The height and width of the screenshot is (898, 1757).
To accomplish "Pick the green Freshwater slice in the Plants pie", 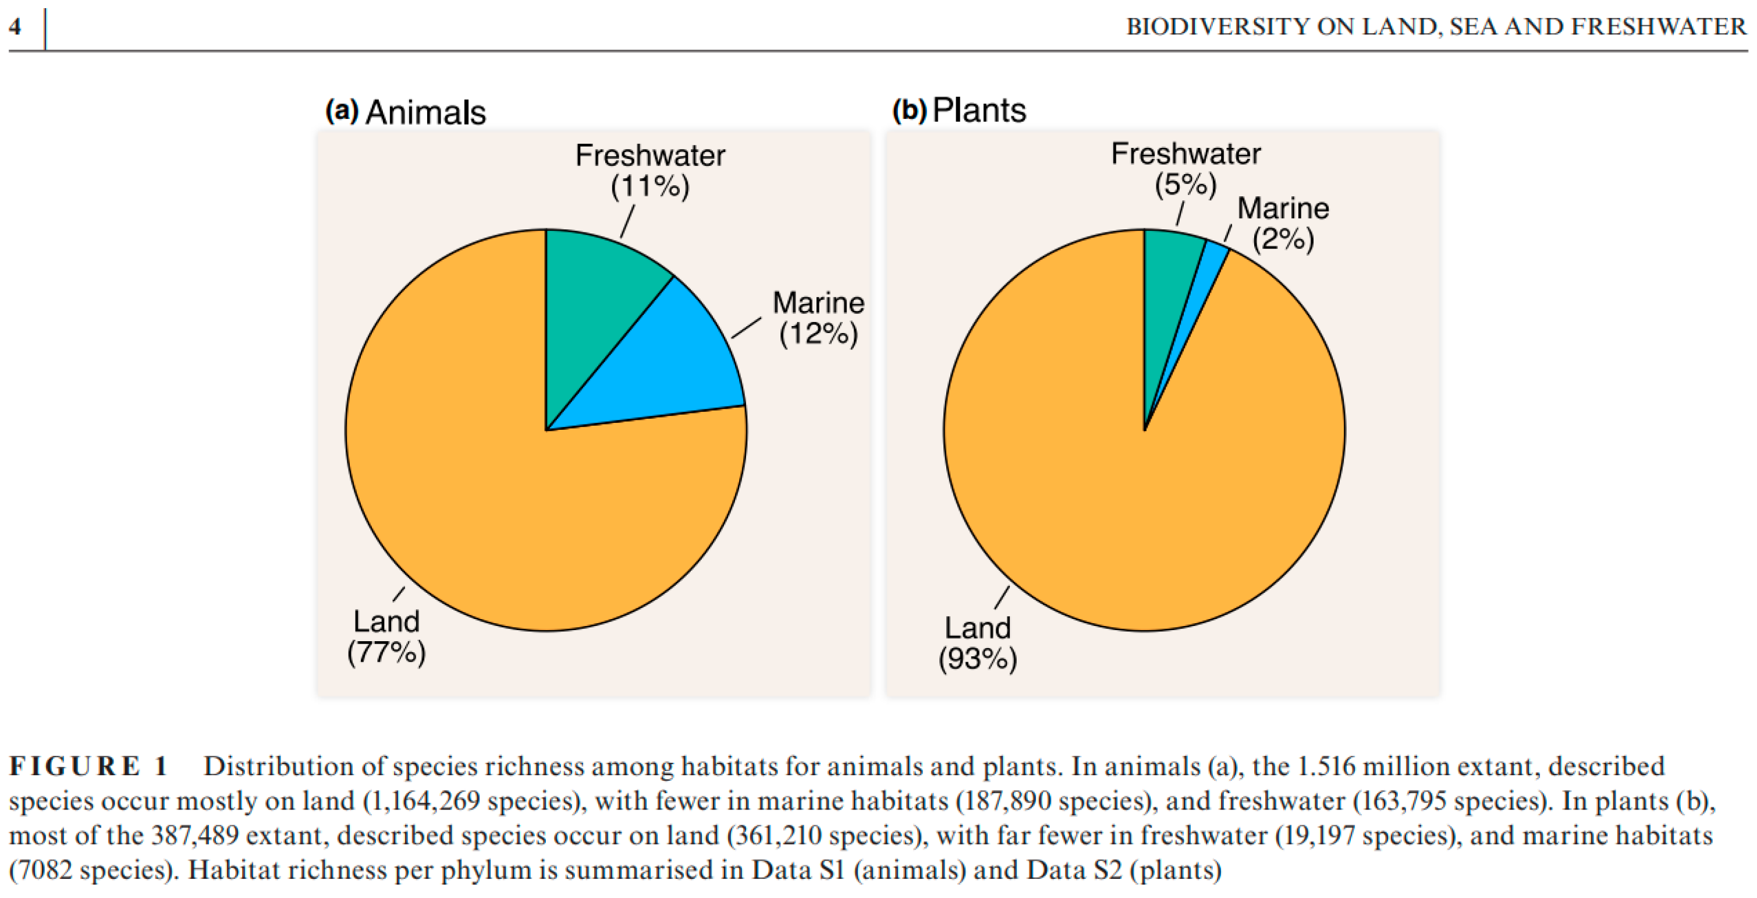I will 1167,287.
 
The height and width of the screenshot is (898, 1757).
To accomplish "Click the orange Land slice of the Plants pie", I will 1146,512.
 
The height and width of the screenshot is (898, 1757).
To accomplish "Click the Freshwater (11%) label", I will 649,171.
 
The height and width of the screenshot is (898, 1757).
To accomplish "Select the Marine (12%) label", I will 818,318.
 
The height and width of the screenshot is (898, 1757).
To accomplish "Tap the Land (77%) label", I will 386,637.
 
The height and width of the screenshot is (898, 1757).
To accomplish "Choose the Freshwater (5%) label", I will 1185,168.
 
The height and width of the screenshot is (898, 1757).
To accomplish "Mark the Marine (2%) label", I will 1282,223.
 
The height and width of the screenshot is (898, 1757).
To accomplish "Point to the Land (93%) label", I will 977,643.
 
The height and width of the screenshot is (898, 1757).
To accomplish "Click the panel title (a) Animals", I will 406,112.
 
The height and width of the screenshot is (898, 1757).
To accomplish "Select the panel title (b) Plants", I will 959,110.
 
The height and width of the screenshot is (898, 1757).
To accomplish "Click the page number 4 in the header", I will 15,27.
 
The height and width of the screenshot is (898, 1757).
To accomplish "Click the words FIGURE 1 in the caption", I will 88,766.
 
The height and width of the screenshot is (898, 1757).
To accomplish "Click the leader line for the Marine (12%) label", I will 746,327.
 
